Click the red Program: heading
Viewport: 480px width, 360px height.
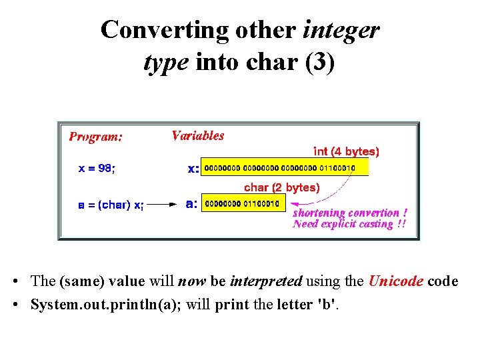pyautogui.click(x=96, y=137)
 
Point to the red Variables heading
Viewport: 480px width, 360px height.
pyautogui.click(x=198, y=135)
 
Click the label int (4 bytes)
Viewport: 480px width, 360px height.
pyautogui.click(x=346, y=151)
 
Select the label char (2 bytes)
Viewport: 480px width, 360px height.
pyautogui.click(x=282, y=187)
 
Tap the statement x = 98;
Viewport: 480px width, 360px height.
pyautogui.click(x=97, y=169)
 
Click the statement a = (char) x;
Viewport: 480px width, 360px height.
pyautogui.click(x=111, y=205)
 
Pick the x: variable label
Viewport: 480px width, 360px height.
pyautogui.click(x=193, y=169)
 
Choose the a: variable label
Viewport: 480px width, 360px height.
pyautogui.click(x=191, y=204)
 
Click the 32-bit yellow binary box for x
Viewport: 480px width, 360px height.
pyautogui.click(x=285, y=167)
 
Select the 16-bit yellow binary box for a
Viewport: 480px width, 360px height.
pyautogui.click(x=244, y=203)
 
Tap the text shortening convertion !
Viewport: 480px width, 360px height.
pyautogui.click(x=350, y=213)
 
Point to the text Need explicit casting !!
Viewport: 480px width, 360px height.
pyautogui.click(x=349, y=224)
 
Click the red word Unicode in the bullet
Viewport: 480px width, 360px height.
pyautogui.click(x=395, y=281)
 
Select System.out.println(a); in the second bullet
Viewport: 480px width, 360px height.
pyautogui.click(x=107, y=305)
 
